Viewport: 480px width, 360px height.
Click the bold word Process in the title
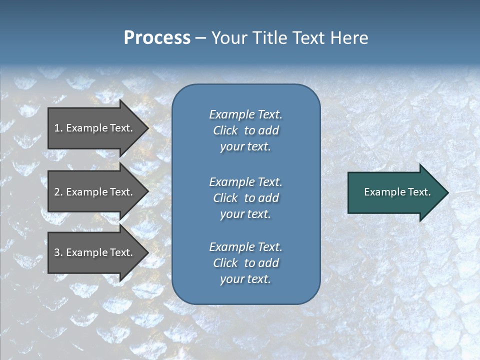click(157, 38)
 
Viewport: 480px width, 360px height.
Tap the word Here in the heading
click(349, 38)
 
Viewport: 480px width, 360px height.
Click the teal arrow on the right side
click(395, 192)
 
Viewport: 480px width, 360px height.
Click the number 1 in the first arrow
click(57, 128)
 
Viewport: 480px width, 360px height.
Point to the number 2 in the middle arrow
click(57, 192)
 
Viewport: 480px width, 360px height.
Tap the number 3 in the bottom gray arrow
click(57, 252)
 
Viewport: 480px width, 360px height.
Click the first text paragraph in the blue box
click(245, 130)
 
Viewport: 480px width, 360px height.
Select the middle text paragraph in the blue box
click(245, 198)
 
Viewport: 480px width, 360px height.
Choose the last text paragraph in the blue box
click(245, 263)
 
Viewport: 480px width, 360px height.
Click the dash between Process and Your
click(200, 38)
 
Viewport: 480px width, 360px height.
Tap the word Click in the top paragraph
click(225, 130)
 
